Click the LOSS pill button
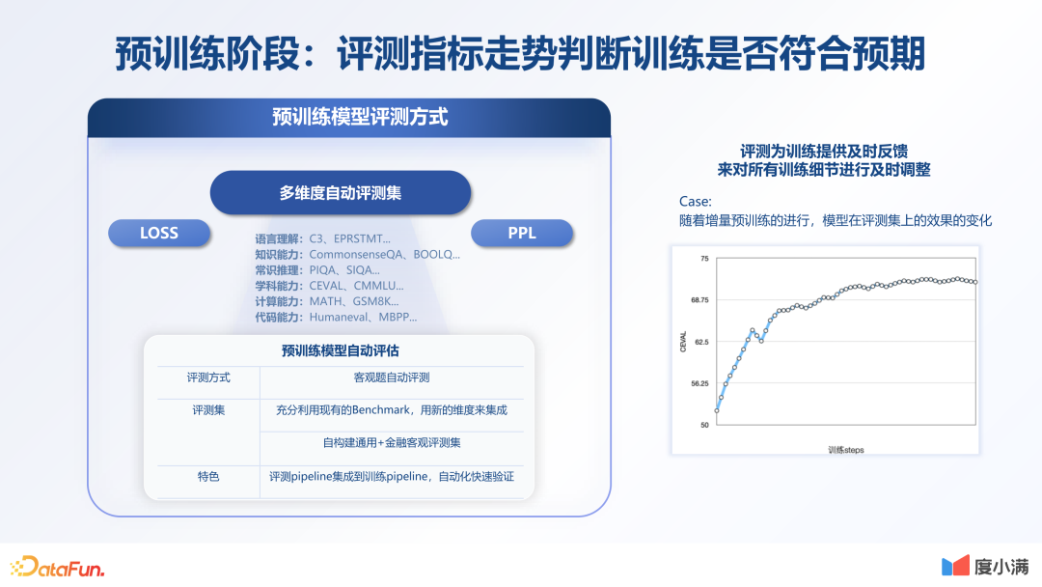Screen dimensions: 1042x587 point(159,234)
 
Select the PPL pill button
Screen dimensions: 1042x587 point(522,234)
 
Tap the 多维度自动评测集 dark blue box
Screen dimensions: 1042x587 point(341,193)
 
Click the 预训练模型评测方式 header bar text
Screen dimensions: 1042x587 point(360,117)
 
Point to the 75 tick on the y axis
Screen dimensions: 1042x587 point(704,259)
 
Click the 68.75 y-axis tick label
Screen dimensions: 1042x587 point(699,300)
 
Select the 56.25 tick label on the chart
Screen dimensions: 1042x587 point(699,383)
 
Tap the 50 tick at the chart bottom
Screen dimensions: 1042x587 point(704,425)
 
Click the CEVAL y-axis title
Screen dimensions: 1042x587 point(682,342)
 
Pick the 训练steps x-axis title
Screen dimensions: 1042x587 point(846,450)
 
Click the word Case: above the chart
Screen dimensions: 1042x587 point(695,202)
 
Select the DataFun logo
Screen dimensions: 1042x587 point(58,567)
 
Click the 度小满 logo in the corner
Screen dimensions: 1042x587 point(985,567)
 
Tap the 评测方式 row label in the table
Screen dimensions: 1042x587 point(208,377)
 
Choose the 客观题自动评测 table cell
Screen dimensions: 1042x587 point(392,377)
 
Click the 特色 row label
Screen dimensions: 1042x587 point(208,477)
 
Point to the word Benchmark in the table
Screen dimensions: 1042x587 point(381,410)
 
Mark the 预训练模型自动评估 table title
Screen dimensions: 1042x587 point(341,351)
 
